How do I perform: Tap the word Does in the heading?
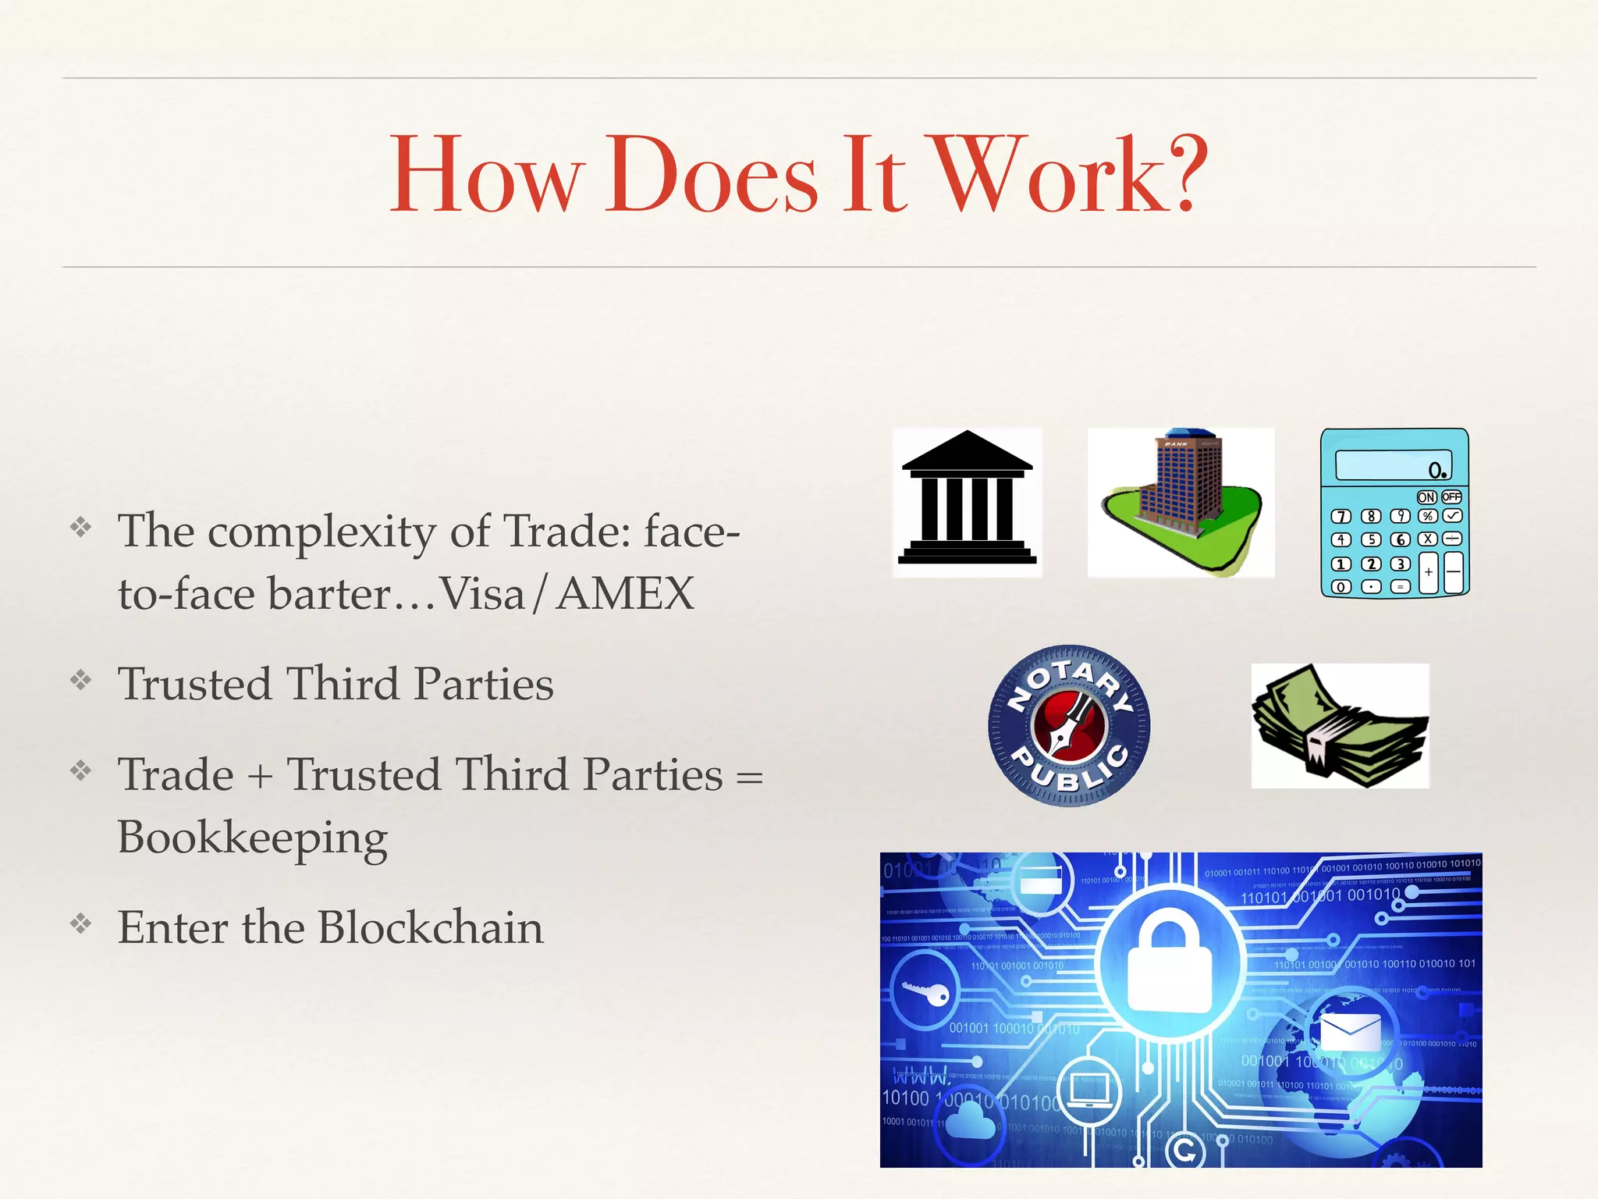711,175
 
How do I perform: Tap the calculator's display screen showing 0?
1393,465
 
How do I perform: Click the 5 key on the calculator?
1371,539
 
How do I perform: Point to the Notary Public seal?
1068,725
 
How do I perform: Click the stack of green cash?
1340,726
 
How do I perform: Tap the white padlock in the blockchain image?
1169,965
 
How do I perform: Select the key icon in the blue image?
925,992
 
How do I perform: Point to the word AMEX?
626,594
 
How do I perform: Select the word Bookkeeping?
252,838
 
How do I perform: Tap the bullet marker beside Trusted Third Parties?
80,681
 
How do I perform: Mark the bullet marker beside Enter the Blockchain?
80,924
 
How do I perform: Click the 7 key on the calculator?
1341,516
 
